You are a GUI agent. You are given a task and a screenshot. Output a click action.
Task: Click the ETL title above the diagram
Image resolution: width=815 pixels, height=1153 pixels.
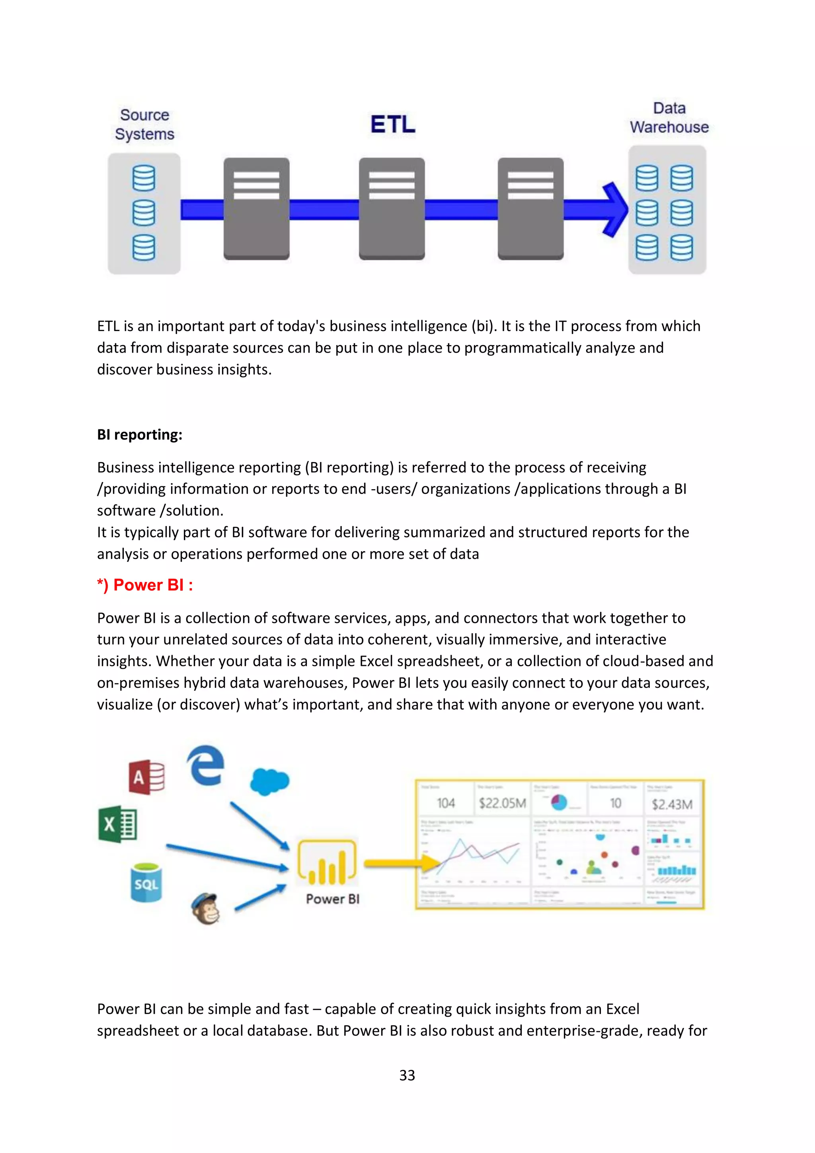point(393,125)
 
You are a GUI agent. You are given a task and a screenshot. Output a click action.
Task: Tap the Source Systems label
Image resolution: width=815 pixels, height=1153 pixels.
point(144,125)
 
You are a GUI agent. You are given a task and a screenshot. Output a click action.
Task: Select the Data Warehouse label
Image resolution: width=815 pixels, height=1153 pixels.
point(669,117)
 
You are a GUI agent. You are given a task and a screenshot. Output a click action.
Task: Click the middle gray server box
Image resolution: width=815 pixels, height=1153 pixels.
point(392,209)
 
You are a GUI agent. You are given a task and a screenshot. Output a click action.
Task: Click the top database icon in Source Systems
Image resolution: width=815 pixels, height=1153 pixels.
point(144,178)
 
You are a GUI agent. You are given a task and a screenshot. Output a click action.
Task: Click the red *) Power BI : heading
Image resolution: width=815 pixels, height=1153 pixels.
point(145,585)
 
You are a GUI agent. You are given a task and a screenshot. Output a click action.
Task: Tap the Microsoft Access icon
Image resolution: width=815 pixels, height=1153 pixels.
point(146,777)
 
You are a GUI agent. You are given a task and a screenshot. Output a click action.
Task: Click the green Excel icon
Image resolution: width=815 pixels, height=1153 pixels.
point(117,824)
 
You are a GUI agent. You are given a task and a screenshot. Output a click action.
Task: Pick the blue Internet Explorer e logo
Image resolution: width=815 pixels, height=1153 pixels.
point(205,765)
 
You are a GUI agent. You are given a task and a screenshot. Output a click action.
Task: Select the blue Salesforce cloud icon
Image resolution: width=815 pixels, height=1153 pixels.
point(270,781)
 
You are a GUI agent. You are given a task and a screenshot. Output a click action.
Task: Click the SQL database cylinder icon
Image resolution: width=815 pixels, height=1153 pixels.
point(146,883)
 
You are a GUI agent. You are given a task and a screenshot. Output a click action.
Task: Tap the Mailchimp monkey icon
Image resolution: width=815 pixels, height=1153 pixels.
point(206,909)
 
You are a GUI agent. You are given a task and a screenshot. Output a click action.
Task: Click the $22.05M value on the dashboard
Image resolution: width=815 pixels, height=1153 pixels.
point(502,804)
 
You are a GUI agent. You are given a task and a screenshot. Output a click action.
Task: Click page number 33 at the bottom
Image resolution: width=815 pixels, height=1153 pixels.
point(407,1075)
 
